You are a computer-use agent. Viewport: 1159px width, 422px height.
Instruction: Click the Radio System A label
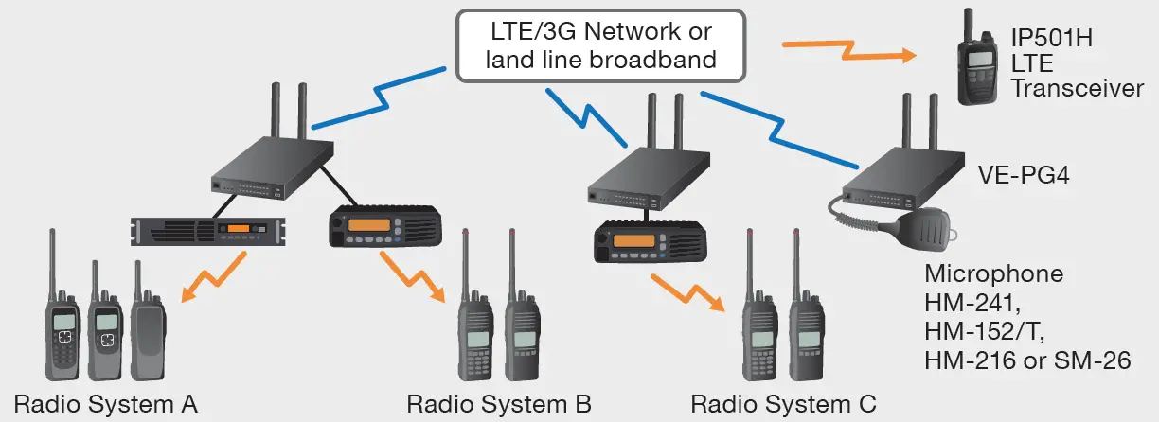click(x=105, y=404)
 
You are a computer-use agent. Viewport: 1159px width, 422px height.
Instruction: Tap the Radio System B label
click(x=499, y=404)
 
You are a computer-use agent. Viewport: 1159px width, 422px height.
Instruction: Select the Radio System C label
click(x=783, y=404)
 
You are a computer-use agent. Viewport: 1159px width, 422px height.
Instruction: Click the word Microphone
click(x=993, y=275)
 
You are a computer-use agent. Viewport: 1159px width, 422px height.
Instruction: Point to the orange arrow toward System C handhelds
click(x=688, y=290)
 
